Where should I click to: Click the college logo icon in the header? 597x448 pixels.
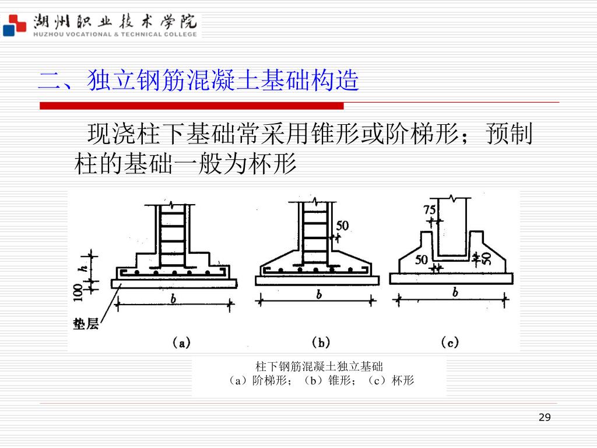coord(15,24)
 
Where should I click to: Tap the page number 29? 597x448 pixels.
coord(545,417)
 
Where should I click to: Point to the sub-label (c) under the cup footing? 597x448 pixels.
coord(449,342)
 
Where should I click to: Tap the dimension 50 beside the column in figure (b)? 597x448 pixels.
coord(342,225)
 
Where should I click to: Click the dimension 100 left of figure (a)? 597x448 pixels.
coord(78,292)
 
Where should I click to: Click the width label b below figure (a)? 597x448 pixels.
coord(173,299)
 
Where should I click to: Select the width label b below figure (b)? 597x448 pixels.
coord(318,295)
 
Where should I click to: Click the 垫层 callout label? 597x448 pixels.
coord(86,324)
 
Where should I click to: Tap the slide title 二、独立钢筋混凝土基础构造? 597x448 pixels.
coord(198,80)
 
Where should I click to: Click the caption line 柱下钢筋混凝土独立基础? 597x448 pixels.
coord(319,367)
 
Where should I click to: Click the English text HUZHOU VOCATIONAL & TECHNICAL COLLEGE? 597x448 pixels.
coord(115,34)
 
